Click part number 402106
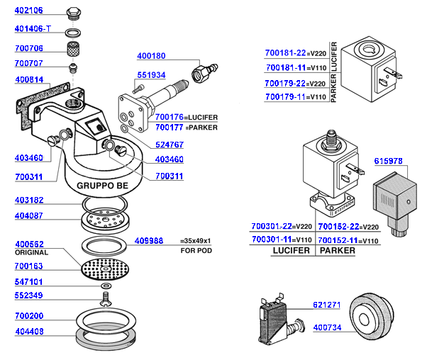28,11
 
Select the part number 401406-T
33,30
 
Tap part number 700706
28,48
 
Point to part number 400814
28,80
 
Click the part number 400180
150,55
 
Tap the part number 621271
328,305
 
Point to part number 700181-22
285,53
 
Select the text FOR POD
196,251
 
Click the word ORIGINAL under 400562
29,252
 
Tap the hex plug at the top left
71,14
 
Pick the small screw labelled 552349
106,295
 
